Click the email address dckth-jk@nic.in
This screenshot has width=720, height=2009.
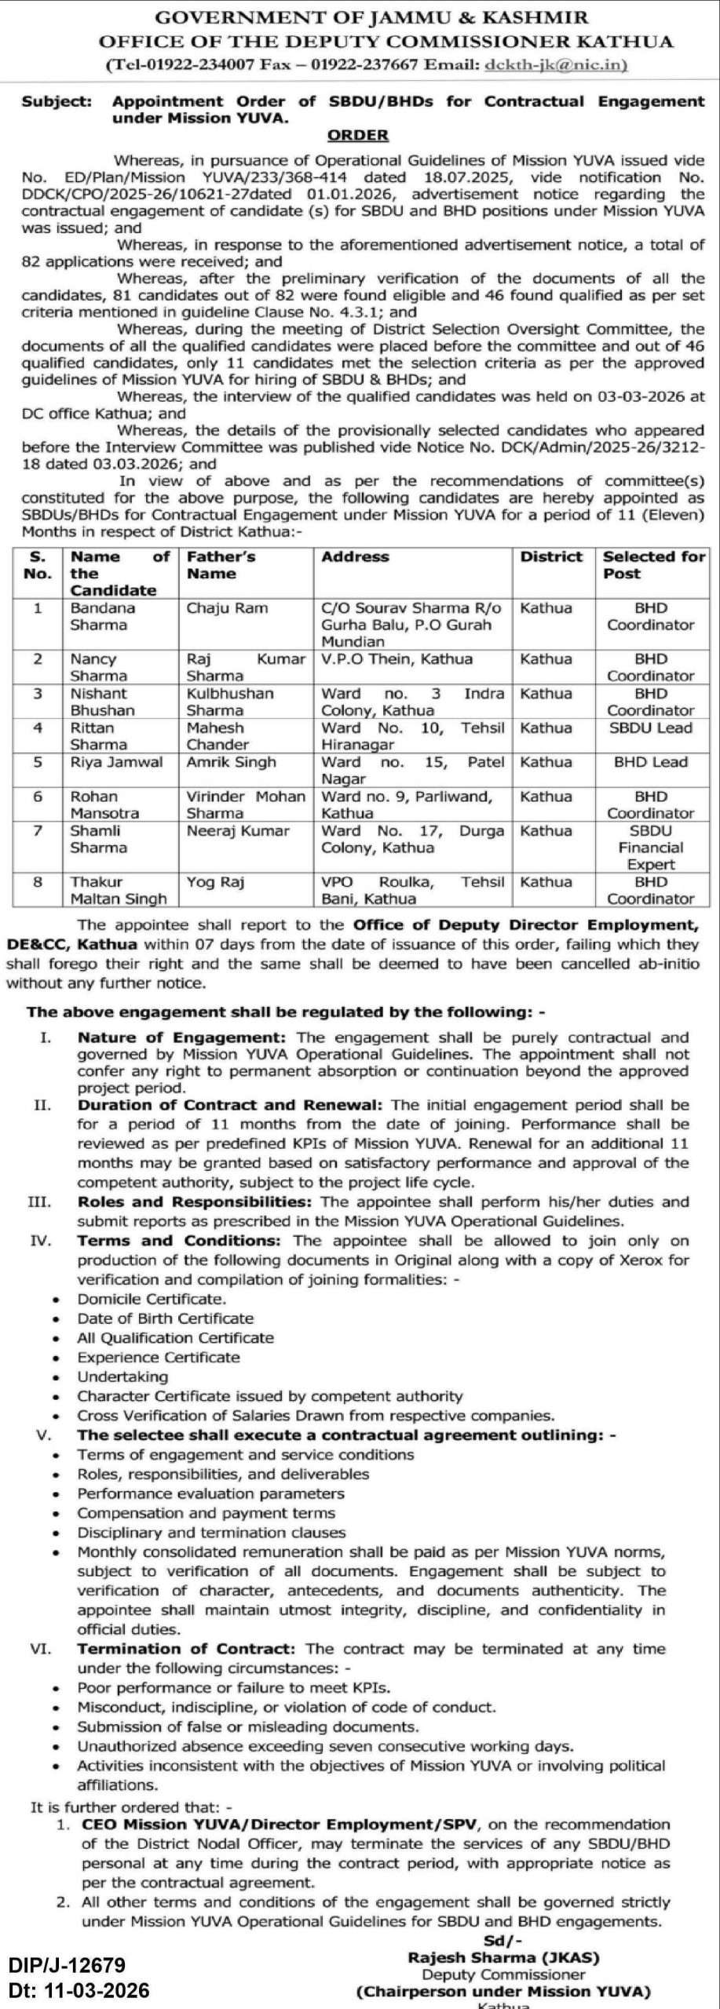[x=556, y=65]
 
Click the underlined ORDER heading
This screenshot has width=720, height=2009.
[x=358, y=135]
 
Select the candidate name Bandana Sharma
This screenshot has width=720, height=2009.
[x=103, y=617]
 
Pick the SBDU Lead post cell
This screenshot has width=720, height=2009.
[x=651, y=727]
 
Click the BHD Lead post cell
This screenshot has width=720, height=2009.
[x=651, y=762]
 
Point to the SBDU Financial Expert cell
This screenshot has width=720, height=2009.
[x=651, y=848]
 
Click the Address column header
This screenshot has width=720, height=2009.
[x=355, y=556]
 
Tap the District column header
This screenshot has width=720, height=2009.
[x=552, y=556]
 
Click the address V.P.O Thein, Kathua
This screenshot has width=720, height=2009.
[x=397, y=659]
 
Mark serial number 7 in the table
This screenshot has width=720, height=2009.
[x=38, y=830]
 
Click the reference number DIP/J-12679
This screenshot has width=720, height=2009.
[x=68, y=1965]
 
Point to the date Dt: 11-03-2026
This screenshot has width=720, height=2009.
[x=79, y=1990]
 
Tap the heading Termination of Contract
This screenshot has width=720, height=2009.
[x=186, y=1649]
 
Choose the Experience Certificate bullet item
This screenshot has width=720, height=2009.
[x=158, y=1357]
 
